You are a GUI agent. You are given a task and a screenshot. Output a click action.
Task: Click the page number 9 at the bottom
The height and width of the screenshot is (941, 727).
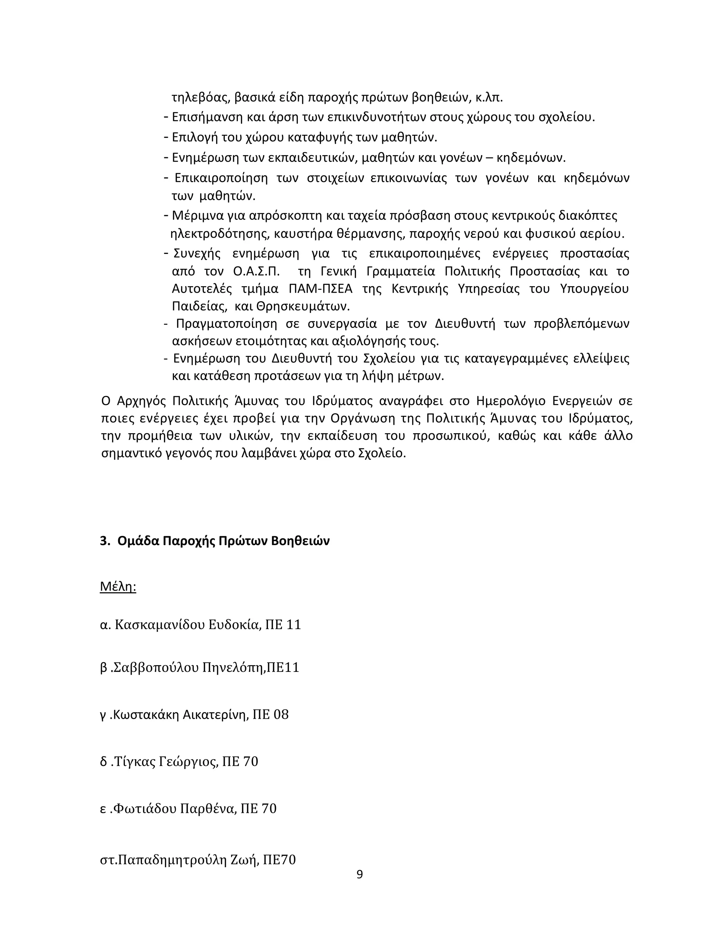360,874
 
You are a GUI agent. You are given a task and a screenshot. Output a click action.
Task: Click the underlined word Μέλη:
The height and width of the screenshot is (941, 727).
118,586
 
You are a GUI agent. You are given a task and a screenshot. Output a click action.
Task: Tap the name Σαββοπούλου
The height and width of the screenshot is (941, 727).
155,668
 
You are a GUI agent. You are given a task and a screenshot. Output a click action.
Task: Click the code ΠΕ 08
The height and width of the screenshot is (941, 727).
270,714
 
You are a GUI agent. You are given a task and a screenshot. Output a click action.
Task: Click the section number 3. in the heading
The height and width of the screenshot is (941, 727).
105,541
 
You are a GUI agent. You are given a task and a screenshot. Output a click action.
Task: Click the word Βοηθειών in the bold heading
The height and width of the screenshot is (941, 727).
300,541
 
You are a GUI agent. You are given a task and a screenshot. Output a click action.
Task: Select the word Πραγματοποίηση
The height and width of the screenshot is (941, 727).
226,323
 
